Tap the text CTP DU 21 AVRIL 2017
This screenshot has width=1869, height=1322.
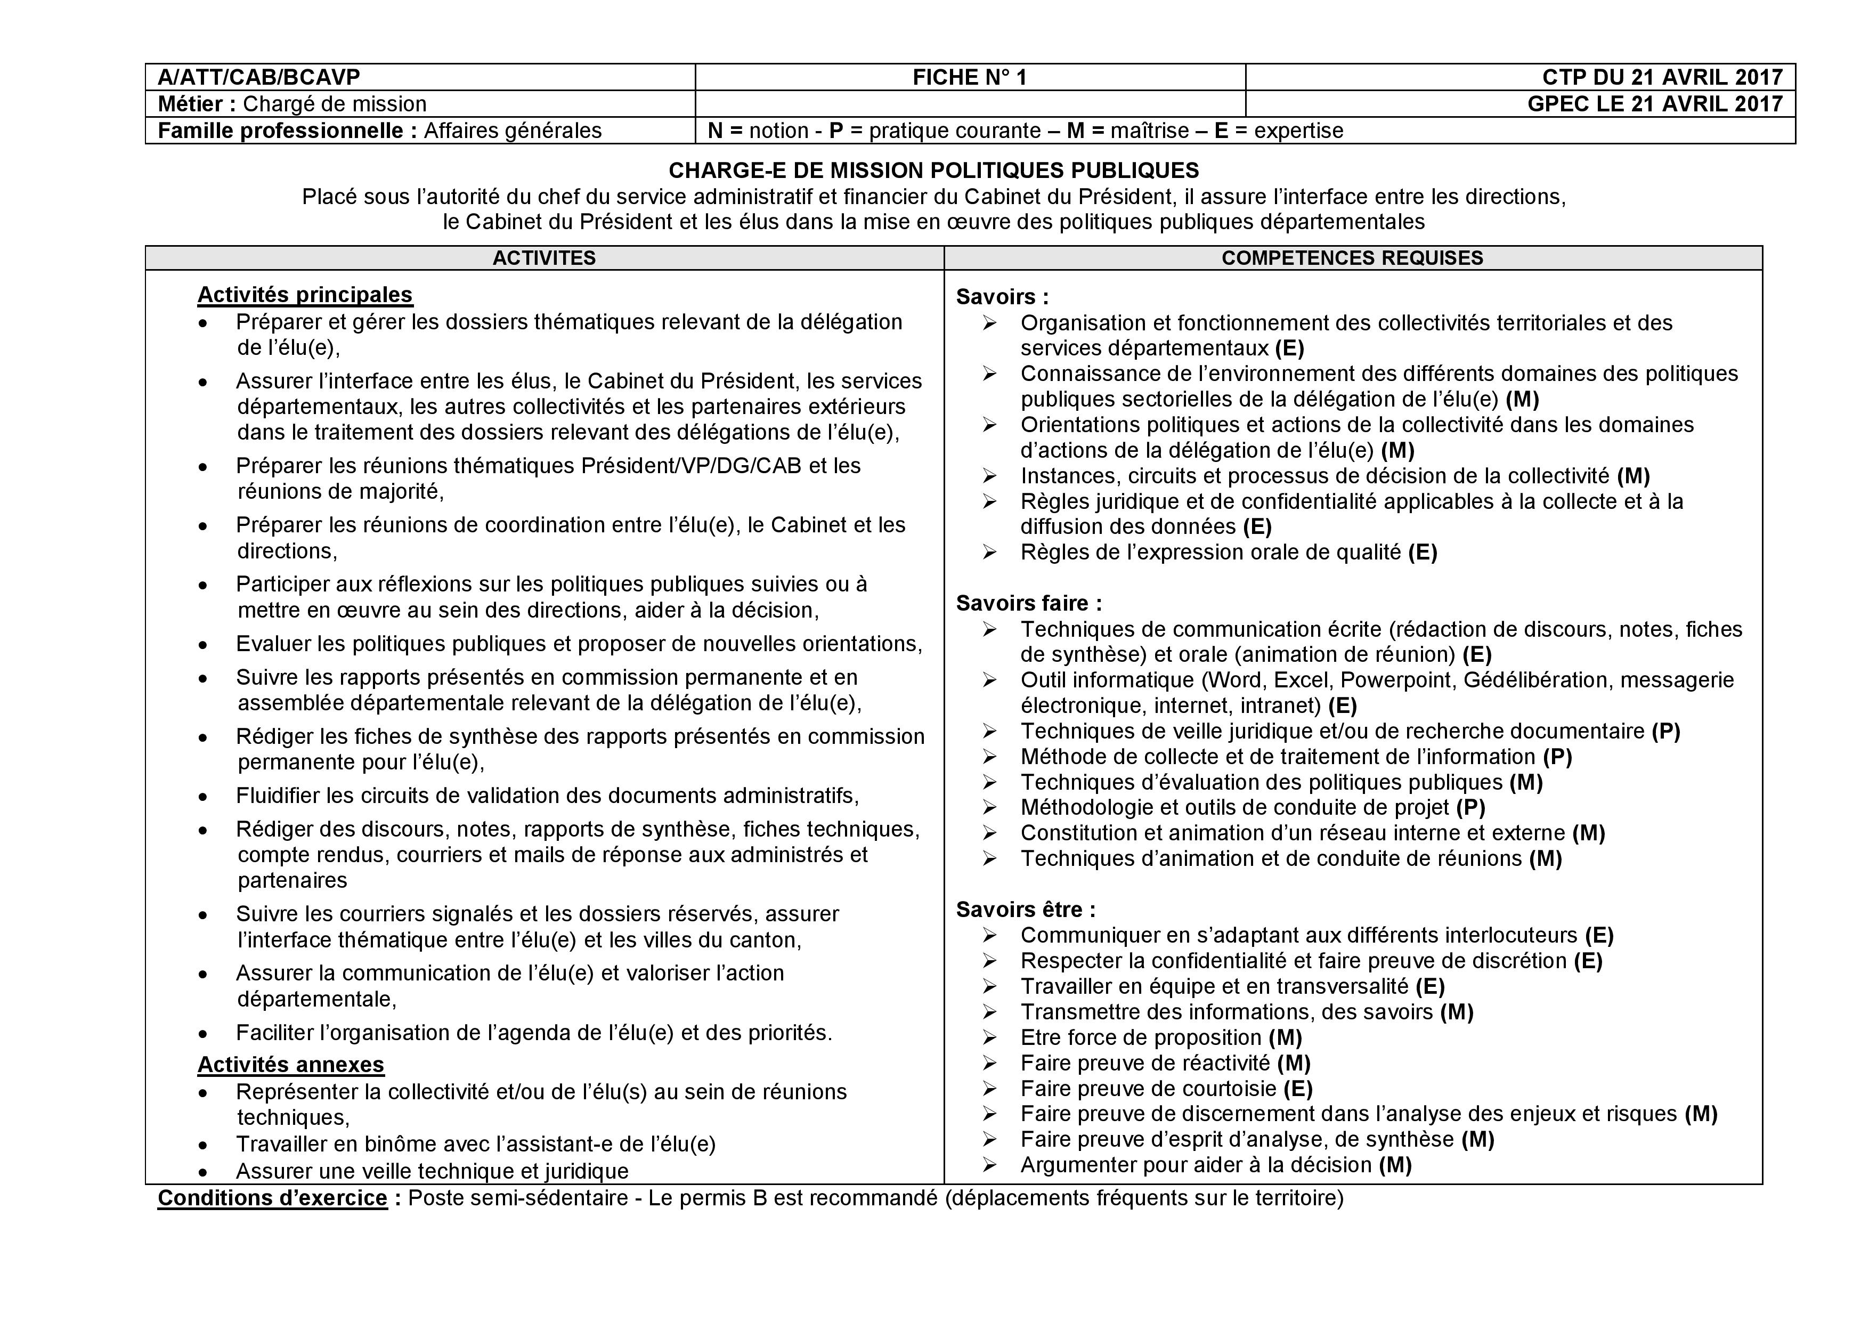[x=1661, y=77]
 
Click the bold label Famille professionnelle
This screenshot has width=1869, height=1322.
[x=287, y=131]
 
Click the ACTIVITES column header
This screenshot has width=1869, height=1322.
[x=544, y=258]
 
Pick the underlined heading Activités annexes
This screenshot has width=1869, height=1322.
[x=290, y=1065]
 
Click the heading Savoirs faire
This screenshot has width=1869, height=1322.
[x=1028, y=603]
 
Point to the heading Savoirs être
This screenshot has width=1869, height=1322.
[x=1025, y=909]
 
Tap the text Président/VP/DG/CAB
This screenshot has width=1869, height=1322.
[x=690, y=466]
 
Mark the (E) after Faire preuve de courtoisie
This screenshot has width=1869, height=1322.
[x=1298, y=1089]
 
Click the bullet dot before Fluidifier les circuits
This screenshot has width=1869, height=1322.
[x=202, y=796]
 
